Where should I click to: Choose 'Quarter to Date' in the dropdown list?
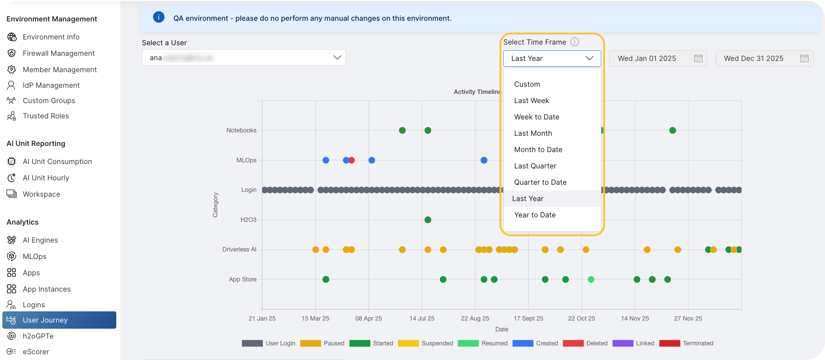[x=540, y=182]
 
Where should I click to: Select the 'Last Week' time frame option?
[x=531, y=101]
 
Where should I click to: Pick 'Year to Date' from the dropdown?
[x=535, y=215]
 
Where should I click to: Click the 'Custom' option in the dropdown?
[x=527, y=84]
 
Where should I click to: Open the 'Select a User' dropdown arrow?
[x=337, y=58]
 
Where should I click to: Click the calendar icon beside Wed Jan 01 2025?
[x=698, y=59]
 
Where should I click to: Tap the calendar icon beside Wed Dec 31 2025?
[x=804, y=59]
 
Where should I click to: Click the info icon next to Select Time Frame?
[x=574, y=42]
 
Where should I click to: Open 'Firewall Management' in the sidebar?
[x=58, y=53]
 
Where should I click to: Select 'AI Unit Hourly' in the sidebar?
[x=46, y=178]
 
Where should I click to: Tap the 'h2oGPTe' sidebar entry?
[x=38, y=336]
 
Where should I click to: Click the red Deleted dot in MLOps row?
[x=352, y=160]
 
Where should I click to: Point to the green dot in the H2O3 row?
[x=428, y=220]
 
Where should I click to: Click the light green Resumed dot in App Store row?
[x=591, y=280]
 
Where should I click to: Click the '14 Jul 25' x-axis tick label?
[x=422, y=318]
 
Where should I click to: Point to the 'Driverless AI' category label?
[x=239, y=249]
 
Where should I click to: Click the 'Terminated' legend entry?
[x=697, y=343]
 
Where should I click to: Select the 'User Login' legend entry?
[x=280, y=343]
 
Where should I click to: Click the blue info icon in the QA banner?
[x=158, y=17]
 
